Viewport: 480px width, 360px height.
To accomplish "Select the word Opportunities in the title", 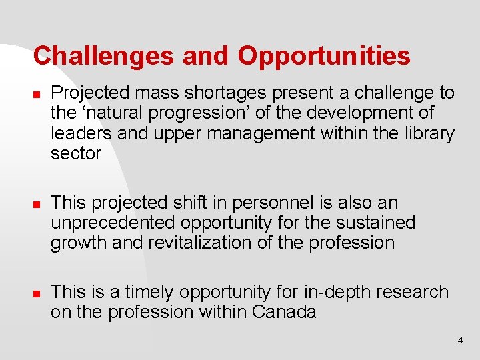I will point(325,56).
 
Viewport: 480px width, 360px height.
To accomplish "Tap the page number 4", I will point(460,341).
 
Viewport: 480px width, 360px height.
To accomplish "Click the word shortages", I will point(231,93).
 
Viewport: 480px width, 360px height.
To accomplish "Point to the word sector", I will point(76,153).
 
